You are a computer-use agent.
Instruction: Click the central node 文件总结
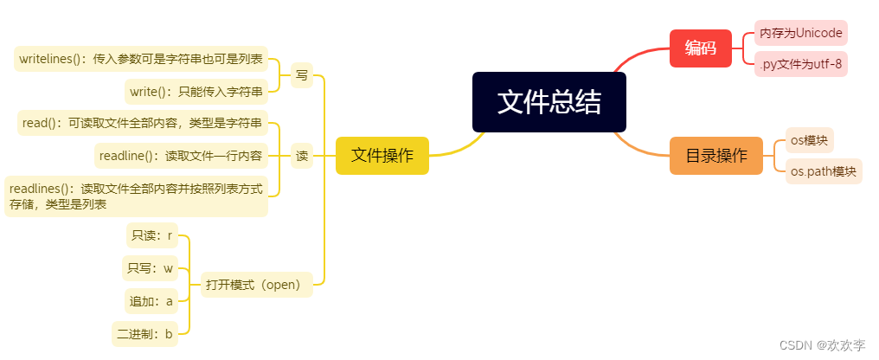(x=549, y=102)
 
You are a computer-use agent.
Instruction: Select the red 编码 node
(x=700, y=48)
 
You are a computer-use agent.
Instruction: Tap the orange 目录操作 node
(x=715, y=156)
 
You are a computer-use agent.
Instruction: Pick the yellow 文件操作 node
(x=382, y=156)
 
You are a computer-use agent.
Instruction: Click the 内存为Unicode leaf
(x=800, y=34)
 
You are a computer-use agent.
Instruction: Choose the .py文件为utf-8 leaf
(x=799, y=63)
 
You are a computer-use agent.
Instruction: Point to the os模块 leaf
(x=809, y=140)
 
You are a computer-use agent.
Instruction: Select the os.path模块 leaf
(x=824, y=171)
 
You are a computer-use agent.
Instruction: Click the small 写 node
(x=302, y=75)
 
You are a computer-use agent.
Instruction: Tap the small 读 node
(x=302, y=156)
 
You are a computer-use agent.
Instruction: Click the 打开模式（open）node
(x=257, y=285)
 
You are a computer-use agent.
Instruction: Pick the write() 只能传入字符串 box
(x=196, y=91)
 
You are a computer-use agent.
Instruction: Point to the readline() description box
(x=180, y=156)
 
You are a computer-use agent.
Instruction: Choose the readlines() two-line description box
(x=136, y=196)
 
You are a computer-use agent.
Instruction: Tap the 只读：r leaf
(x=151, y=235)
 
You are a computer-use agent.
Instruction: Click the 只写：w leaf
(x=150, y=268)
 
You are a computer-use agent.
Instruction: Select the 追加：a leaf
(x=151, y=301)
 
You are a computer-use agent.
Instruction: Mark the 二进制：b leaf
(x=145, y=333)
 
